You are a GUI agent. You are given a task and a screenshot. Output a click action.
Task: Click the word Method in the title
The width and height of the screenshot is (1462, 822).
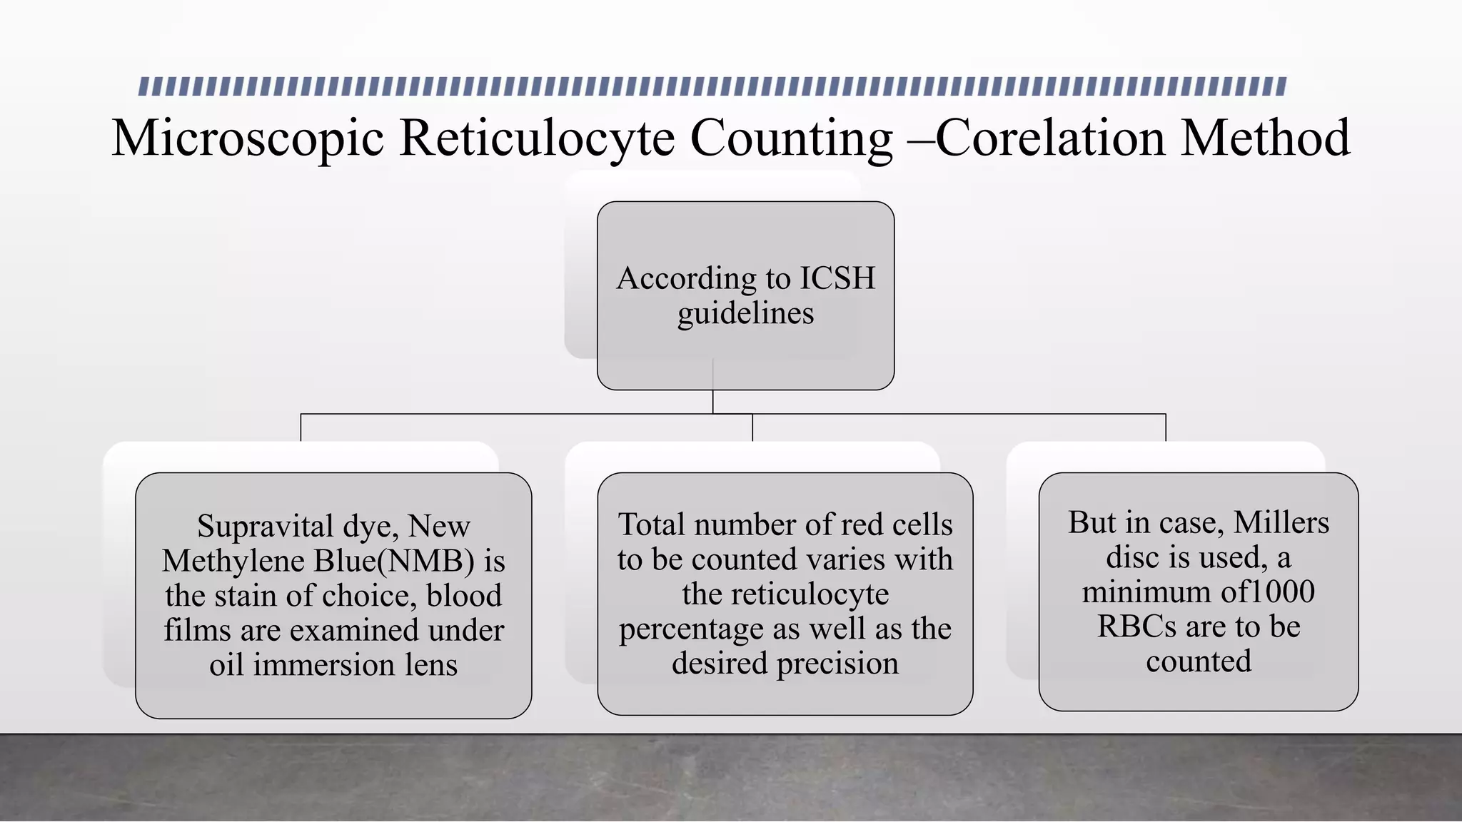pyautogui.click(x=1265, y=138)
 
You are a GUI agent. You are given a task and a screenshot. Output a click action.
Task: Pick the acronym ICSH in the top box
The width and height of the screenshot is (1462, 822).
pyautogui.click(x=837, y=278)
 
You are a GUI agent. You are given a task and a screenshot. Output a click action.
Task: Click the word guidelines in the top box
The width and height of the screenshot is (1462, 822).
pyautogui.click(x=745, y=313)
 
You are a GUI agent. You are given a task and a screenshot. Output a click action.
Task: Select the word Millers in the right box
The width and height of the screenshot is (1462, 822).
pyautogui.click(x=1281, y=523)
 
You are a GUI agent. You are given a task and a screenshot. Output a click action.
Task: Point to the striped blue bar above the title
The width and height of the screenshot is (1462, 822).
pyautogui.click(x=712, y=86)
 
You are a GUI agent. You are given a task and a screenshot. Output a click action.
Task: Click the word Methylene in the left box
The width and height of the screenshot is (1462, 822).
pyautogui.click(x=233, y=561)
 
